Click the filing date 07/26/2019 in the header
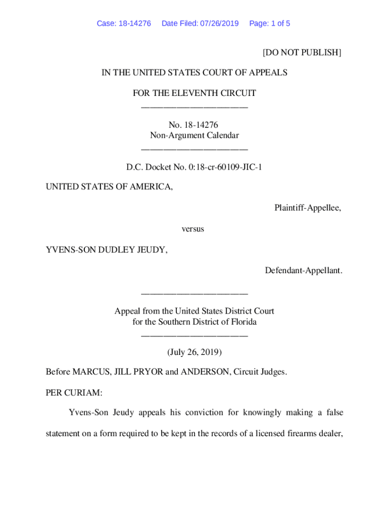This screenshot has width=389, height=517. tap(219, 23)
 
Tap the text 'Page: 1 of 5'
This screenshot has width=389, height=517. tap(269, 23)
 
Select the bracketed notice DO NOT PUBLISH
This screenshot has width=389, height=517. tap(302, 52)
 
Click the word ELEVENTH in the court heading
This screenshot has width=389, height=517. tap(196, 93)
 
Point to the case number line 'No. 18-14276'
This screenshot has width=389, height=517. tap(194, 124)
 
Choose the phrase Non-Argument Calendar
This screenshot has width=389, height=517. tap(194, 135)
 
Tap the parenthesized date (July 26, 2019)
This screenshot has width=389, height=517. tap(194, 351)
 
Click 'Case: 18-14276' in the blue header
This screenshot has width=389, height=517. tap(124, 23)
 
